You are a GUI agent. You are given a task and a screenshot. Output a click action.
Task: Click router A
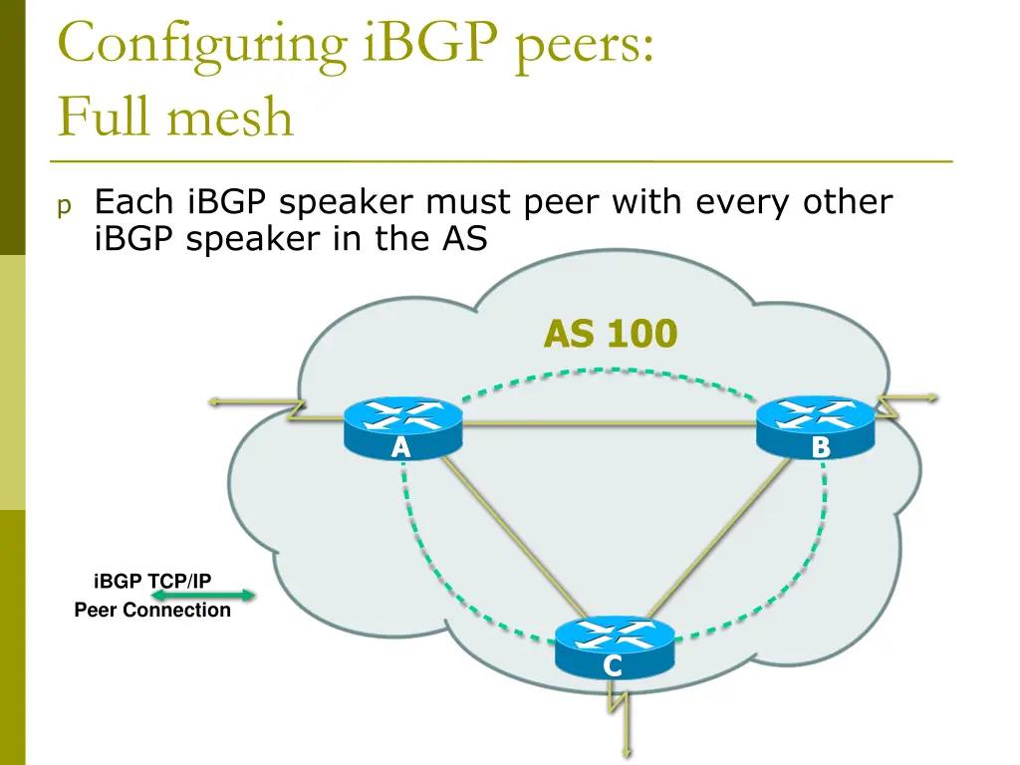click(402, 427)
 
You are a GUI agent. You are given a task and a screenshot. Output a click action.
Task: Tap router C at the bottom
click(614, 647)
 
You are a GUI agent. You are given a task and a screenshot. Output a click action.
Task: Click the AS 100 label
click(610, 335)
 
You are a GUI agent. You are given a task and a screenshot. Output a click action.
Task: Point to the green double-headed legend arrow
click(203, 596)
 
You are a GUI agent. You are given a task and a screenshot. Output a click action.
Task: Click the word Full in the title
click(104, 118)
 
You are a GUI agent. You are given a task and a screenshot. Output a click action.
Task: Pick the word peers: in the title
click(585, 46)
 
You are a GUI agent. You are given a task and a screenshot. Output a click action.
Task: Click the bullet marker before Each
click(64, 206)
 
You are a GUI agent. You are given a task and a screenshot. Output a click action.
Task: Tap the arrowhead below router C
click(628, 755)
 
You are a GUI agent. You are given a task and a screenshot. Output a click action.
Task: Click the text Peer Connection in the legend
click(152, 610)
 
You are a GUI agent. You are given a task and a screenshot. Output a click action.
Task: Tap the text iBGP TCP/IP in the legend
click(152, 581)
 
